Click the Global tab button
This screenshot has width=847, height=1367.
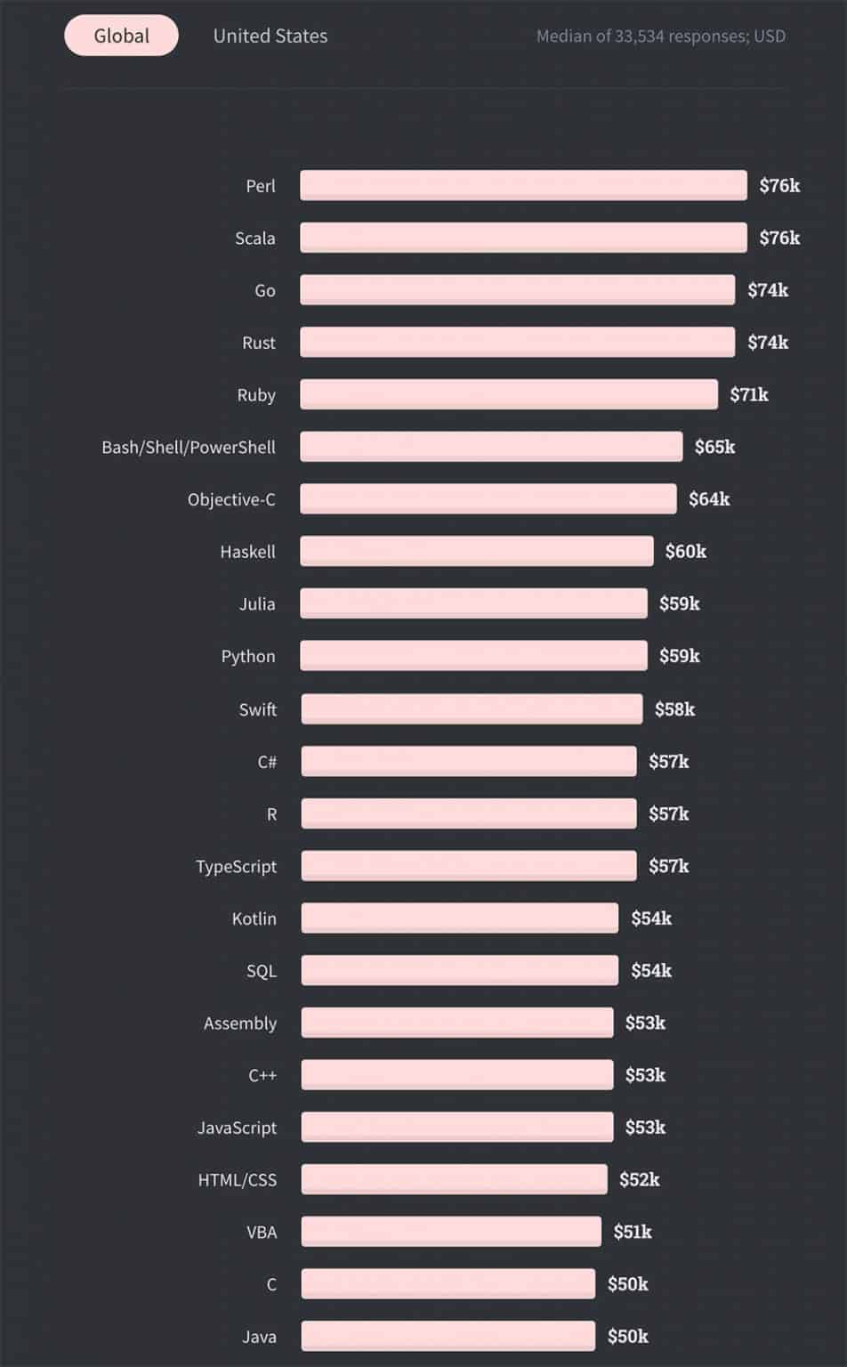pos(121,36)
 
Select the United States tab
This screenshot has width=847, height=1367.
pos(270,36)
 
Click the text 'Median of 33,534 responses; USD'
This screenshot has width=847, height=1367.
pos(660,36)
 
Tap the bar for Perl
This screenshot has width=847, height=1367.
pos(523,185)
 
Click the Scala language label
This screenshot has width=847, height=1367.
pos(254,239)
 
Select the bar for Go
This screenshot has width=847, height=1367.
pos(517,290)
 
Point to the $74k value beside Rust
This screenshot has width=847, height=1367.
pos(767,343)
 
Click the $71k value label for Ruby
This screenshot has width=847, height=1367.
pos(748,394)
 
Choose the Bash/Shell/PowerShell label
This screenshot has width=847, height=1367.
pos(188,447)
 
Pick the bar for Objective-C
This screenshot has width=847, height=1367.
pos(488,499)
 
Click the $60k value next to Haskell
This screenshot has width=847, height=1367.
pos(685,552)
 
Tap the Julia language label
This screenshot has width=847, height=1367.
pos(256,604)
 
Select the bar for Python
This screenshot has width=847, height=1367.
pos(473,656)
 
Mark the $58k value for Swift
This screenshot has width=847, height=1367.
pos(674,709)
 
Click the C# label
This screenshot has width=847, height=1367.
pos(267,762)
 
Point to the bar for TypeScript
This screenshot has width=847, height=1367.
pos(468,866)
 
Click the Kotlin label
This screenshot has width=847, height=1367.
pos(254,918)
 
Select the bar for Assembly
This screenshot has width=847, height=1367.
pos(456,1023)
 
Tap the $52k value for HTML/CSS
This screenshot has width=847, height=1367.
pos(639,1180)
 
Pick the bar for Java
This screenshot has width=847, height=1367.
pos(448,1336)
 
